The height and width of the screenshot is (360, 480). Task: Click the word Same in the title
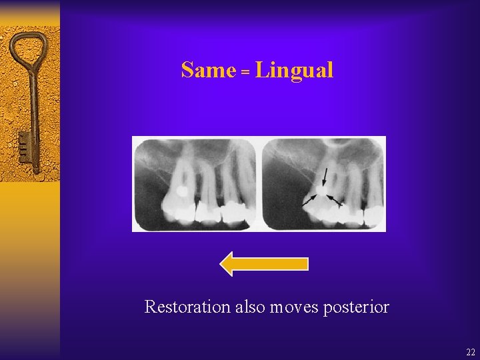point(208,70)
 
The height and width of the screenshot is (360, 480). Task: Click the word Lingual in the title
point(294,70)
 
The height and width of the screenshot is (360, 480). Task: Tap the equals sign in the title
point(245,72)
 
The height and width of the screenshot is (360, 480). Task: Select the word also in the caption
point(246,307)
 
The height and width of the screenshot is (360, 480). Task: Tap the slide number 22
point(471,353)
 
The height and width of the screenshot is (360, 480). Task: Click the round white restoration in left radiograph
point(180,191)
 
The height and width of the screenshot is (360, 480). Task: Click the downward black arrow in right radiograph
point(325,177)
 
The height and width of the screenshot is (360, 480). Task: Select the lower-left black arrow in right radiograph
point(309,199)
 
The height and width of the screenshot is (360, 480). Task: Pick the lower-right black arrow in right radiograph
point(335,201)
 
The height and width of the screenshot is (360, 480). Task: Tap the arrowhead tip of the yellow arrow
point(221,263)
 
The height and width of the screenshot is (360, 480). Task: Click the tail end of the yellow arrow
point(307,263)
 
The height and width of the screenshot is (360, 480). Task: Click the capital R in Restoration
point(150,307)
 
